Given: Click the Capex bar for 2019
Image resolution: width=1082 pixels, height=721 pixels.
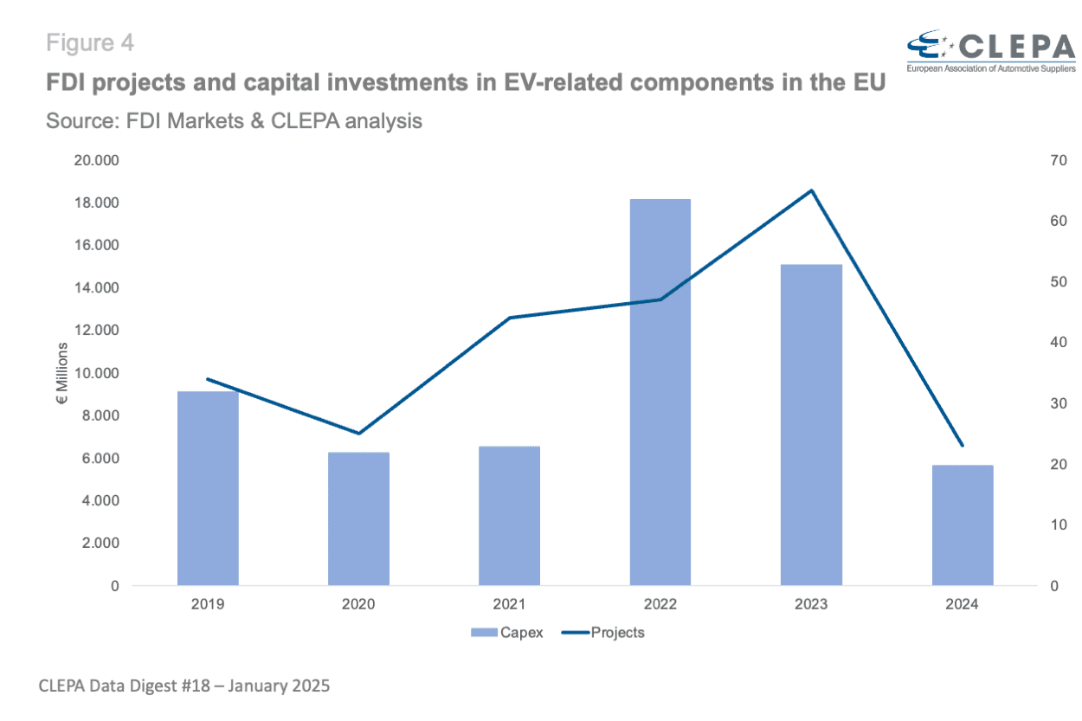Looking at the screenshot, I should pyautogui.click(x=208, y=488).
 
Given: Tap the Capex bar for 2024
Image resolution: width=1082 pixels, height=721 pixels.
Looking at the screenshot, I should pyautogui.click(x=962, y=525).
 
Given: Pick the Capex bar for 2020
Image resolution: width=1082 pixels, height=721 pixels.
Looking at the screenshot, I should pyautogui.click(x=358, y=518).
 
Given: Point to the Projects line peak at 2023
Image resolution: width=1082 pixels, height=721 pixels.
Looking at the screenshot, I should pyautogui.click(x=811, y=190).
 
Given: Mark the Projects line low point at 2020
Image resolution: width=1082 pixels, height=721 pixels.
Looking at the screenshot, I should pyautogui.click(x=358, y=433).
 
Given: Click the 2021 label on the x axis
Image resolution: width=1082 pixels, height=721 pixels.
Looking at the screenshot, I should pyautogui.click(x=509, y=604).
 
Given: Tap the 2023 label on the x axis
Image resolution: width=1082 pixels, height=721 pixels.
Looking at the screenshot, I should pyautogui.click(x=811, y=604).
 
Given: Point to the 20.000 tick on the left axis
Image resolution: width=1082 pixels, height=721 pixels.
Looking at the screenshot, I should pyautogui.click(x=96, y=161).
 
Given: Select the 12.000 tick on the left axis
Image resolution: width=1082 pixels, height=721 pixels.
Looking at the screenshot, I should pyautogui.click(x=96, y=331).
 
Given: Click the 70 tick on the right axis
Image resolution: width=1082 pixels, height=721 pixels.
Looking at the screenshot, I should pyautogui.click(x=1059, y=161).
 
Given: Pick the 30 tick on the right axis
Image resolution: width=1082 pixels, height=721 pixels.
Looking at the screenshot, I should pyautogui.click(x=1059, y=403).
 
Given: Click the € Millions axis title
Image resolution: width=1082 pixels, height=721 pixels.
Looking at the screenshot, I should pyautogui.click(x=63, y=374).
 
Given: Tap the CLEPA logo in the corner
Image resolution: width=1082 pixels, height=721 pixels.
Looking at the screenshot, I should pyautogui.click(x=990, y=50).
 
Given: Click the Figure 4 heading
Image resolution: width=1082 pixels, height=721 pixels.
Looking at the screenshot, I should pyautogui.click(x=90, y=42).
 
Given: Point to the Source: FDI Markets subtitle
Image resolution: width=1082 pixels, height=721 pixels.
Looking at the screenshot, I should pyautogui.click(x=234, y=121).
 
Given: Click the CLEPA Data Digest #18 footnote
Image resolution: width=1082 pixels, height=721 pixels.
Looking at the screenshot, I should pyautogui.click(x=184, y=686).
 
